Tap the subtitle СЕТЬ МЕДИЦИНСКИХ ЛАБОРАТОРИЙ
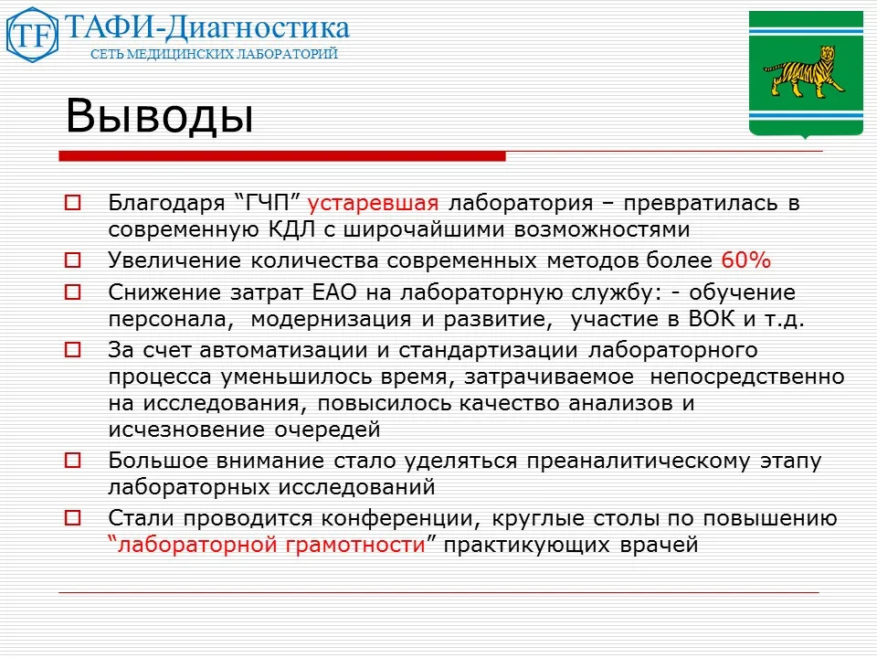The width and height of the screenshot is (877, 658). pos(215,54)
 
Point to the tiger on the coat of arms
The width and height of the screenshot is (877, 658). pos(804,77)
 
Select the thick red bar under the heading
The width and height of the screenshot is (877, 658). pos(282,157)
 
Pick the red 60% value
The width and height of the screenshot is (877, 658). pos(746,260)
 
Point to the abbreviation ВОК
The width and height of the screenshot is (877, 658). pos(722,320)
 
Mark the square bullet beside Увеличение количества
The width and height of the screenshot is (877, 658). pos(73,260)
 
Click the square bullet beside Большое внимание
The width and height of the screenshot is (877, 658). pos(73,461)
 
